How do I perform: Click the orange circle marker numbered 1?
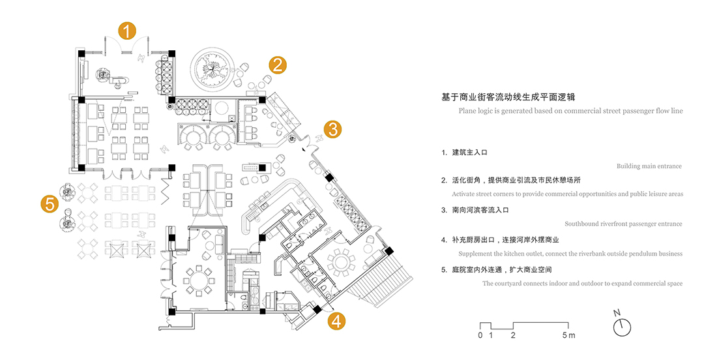(x=126, y=30)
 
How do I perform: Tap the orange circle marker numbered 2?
(x=277, y=65)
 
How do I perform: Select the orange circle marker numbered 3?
(x=332, y=129)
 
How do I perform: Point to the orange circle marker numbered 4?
(x=336, y=320)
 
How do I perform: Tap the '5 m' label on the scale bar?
(x=569, y=336)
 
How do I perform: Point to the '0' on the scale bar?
(x=480, y=336)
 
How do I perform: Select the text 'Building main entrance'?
(x=649, y=166)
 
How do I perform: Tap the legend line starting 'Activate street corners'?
(x=567, y=194)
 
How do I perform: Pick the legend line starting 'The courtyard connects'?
(x=582, y=284)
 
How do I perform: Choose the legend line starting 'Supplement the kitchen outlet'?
(x=570, y=254)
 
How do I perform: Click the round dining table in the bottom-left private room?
(x=198, y=280)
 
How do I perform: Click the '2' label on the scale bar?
(x=513, y=336)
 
